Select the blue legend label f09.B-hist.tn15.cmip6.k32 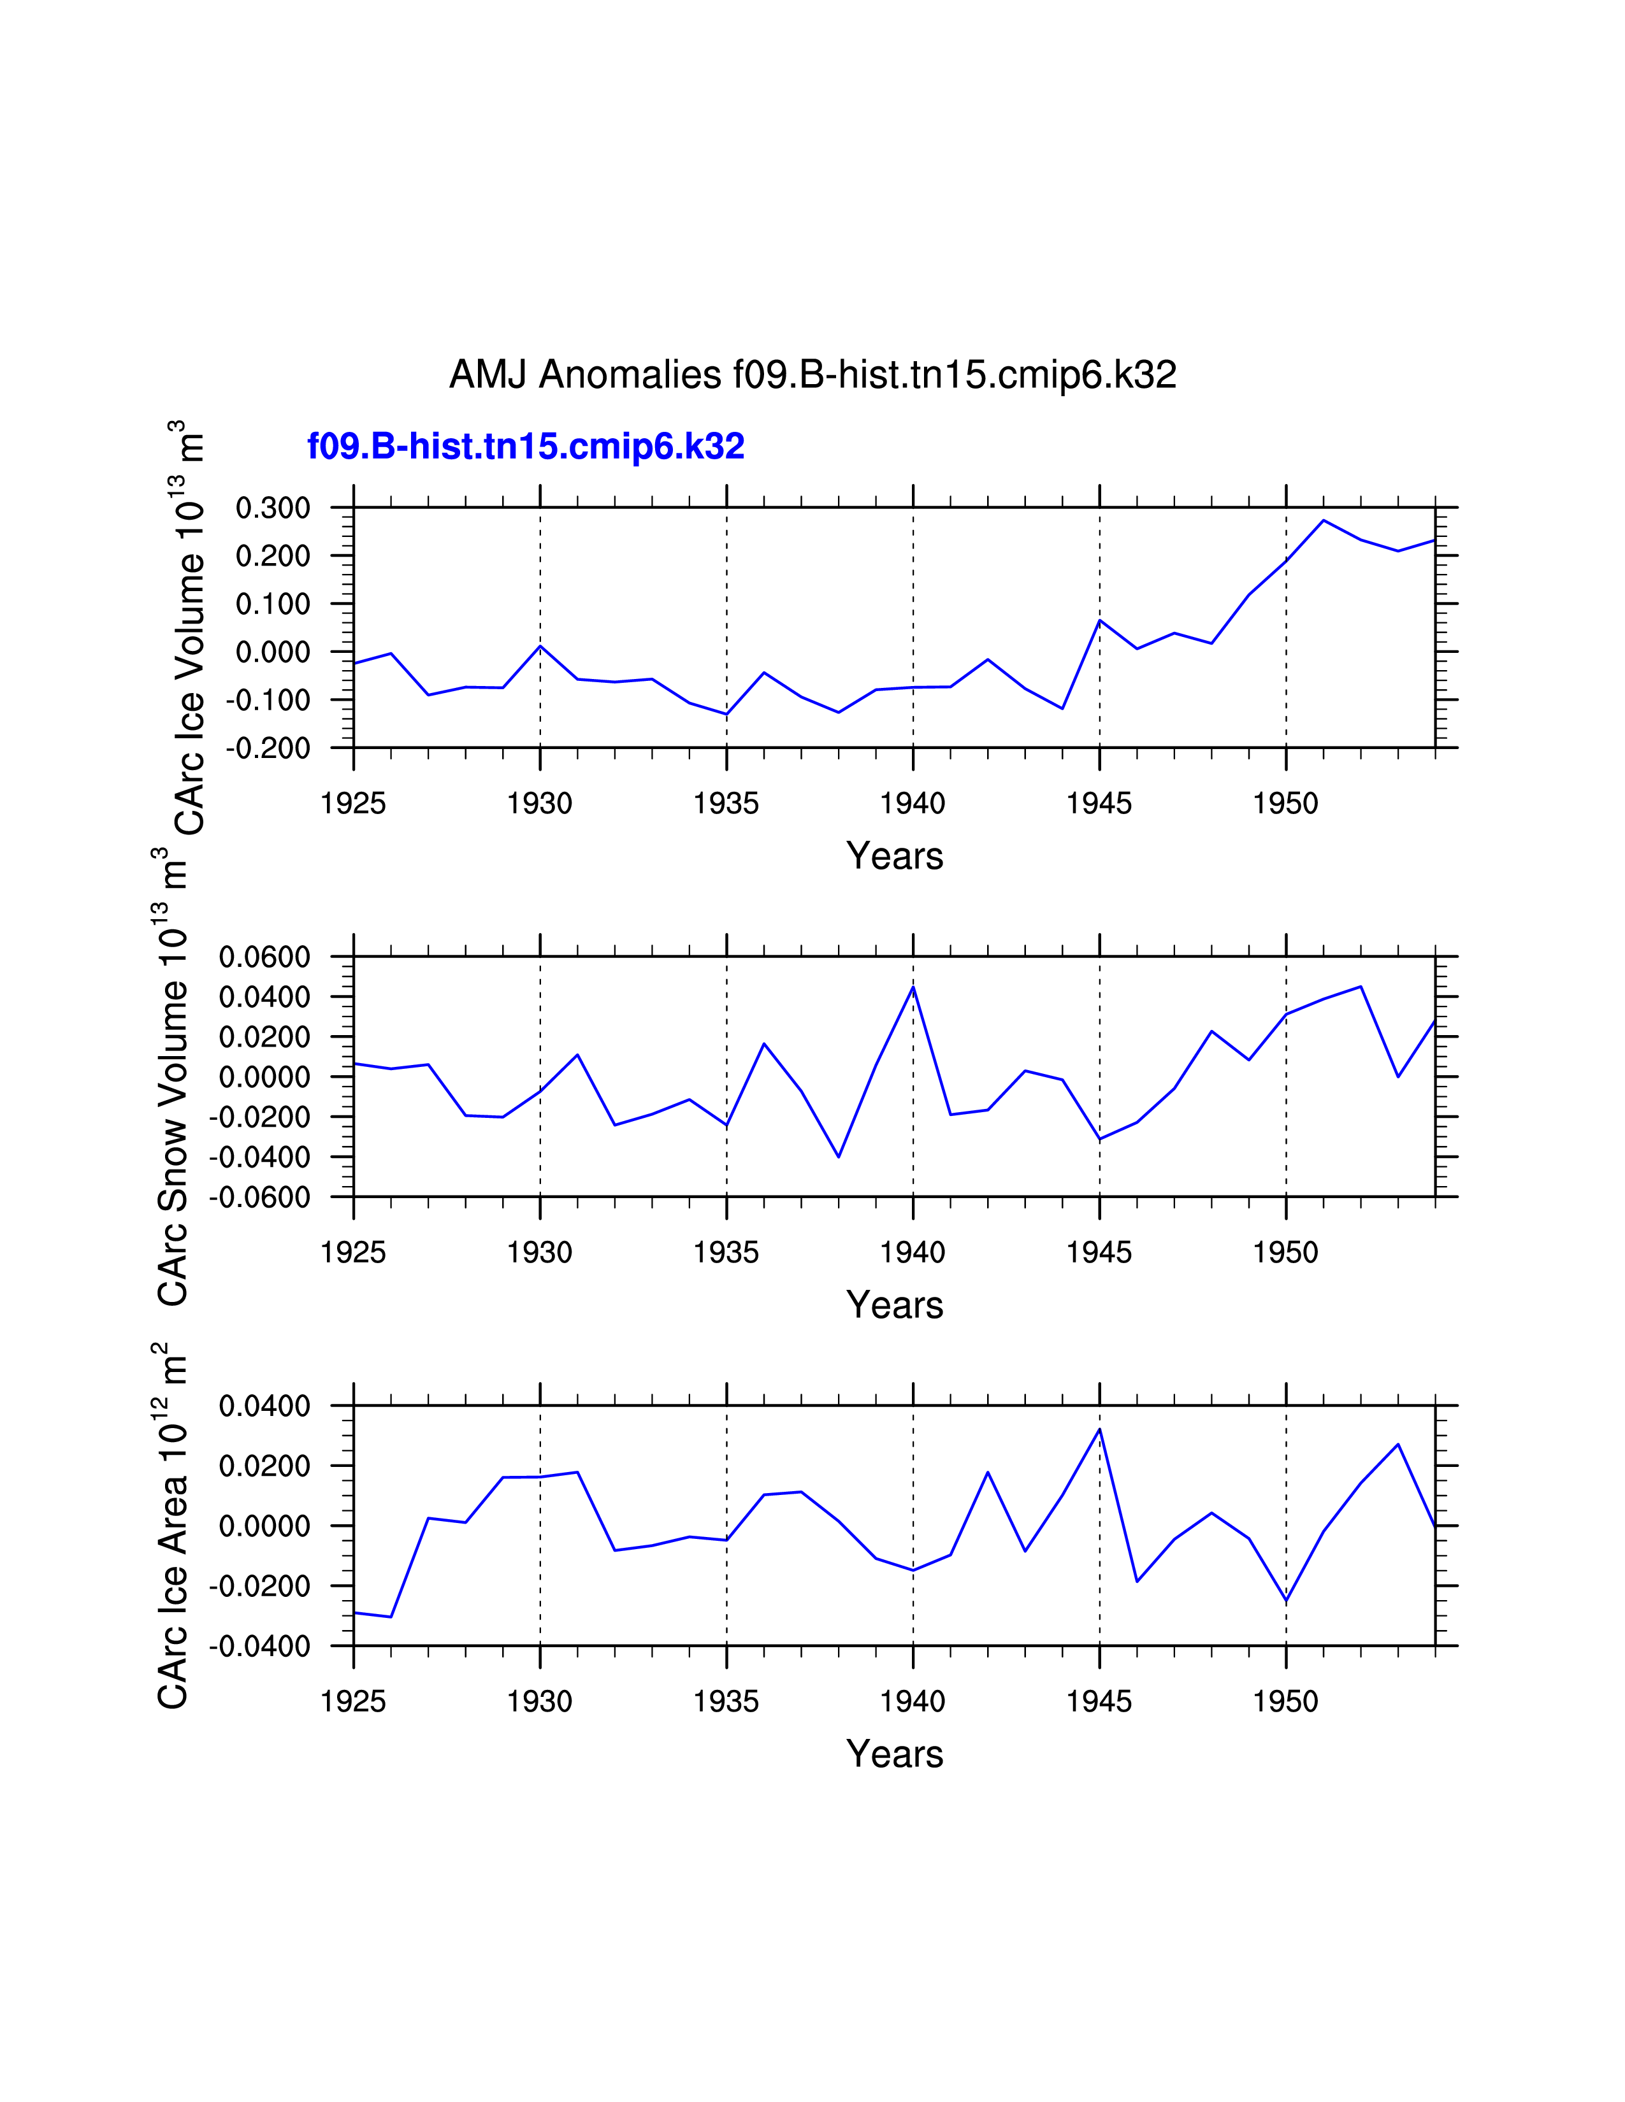pyautogui.click(x=526, y=447)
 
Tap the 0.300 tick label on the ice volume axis pyautogui.click(x=273, y=508)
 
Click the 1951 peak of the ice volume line pyautogui.click(x=1324, y=520)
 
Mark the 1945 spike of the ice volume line pyautogui.click(x=1099, y=621)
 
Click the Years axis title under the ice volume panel pyautogui.click(x=894, y=855)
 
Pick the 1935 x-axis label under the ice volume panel pyautogui.click(x=726, y=804)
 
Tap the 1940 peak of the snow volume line pyautogui.click(x=913, y=987)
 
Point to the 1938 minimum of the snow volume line pyautogui.click(x=839, y=1157)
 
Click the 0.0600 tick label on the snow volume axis pyautogui.click(x=264, y=957)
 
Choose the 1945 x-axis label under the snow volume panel pyautogui.click(x=1099, y=1253)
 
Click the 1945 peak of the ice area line pyautogui.click(x=1099, y=1429)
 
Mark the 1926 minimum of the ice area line pyautogui.click(x=391, y=1617)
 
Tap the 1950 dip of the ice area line pyautogui.click(x=1286, y=1601)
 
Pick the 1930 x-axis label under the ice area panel pyautogui.click(x=539, y=1701)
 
